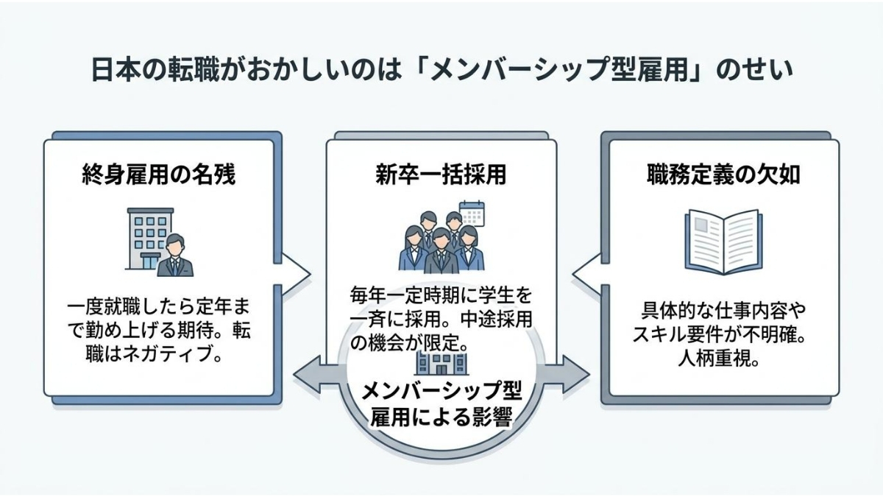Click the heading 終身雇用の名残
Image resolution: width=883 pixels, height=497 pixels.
[158, 177]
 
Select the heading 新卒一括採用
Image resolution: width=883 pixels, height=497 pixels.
[441, 177]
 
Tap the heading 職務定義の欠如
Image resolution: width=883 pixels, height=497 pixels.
[724, 177]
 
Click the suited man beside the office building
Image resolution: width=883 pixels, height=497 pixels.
[175, 256]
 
